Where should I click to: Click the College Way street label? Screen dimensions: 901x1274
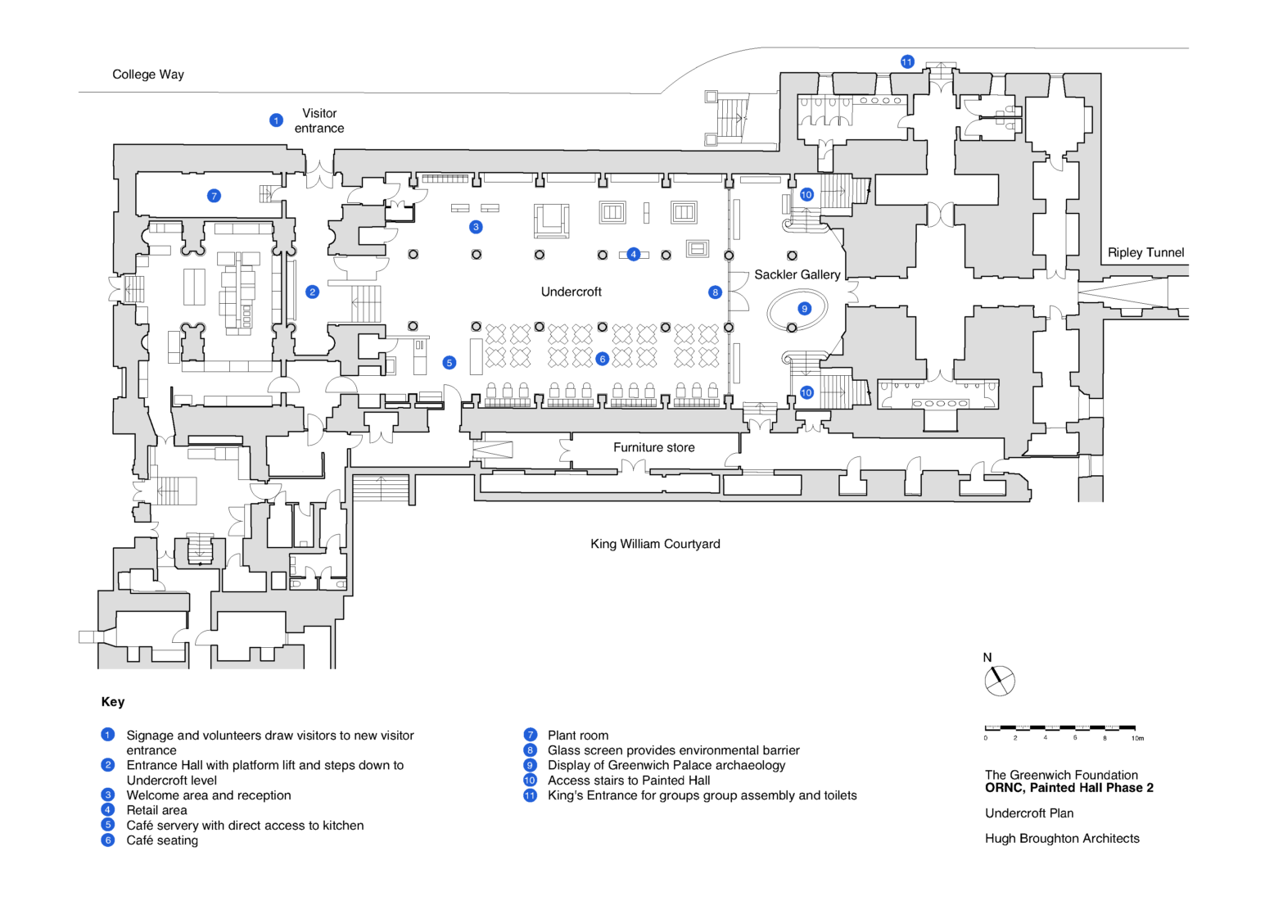pos(148,75)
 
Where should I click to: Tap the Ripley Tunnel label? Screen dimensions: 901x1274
pos(1145,252)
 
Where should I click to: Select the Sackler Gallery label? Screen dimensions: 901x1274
pos(797,274)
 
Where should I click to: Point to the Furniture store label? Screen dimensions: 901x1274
pos(653,447)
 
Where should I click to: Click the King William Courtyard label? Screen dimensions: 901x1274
pos(655,544)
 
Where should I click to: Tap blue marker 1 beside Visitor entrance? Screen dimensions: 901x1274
pos(276,120)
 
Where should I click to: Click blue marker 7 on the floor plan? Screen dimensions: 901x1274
pos(214,196)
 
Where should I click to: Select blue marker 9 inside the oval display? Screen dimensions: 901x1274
pos(805,309)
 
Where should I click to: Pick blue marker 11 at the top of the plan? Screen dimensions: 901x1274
pos(906,62)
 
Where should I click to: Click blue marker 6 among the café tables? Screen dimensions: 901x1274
pos(603,359)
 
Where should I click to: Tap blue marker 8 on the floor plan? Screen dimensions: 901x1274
pos(715,292)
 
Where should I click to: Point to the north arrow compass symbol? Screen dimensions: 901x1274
pos(999,680)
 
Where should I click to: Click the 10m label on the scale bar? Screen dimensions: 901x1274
pos(1137,739)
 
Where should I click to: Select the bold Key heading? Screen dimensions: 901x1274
pos(113,702)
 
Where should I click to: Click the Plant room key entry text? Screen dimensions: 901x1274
pos(578,736)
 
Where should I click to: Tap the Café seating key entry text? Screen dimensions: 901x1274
pos(162,840)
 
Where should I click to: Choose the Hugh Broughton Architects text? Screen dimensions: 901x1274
pos(1062,839)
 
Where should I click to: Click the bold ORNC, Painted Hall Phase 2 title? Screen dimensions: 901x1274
pos(1068,788)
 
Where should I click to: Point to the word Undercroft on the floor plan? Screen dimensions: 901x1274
pos(571,292)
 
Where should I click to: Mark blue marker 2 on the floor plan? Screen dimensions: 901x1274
pos(312,292)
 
